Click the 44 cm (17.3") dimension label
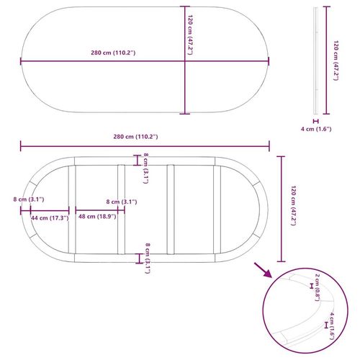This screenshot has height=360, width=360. click(50, 218)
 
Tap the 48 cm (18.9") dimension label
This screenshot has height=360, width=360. click(97, 217)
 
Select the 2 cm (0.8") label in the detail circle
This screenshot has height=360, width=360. click(318, 287)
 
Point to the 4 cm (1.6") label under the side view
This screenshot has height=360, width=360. click(316, 129)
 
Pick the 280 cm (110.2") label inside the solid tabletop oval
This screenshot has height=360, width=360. click(113, 53)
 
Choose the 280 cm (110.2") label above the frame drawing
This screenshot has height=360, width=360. click(135, 137)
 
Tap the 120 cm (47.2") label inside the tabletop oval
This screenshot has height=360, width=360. click(190, 35)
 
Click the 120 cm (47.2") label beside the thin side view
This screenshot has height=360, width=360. click(336, 60)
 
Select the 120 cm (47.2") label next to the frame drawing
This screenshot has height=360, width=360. click(293, 205)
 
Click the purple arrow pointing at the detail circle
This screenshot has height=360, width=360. click(263, 270)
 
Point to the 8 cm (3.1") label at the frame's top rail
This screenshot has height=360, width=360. click(145, 168)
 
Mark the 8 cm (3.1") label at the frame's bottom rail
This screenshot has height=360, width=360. click(148, 258)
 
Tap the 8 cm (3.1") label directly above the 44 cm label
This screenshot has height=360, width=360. click(29, 199)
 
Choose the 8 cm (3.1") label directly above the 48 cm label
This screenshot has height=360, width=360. click(122, 202)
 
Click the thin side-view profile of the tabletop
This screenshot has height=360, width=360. click(316, 60)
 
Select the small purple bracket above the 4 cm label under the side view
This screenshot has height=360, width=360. click(316, 121)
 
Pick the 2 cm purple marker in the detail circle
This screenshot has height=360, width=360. click(312, 286)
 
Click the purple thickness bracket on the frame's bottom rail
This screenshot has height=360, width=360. click(139, 258)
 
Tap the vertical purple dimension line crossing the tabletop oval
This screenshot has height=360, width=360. click(185, 60)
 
